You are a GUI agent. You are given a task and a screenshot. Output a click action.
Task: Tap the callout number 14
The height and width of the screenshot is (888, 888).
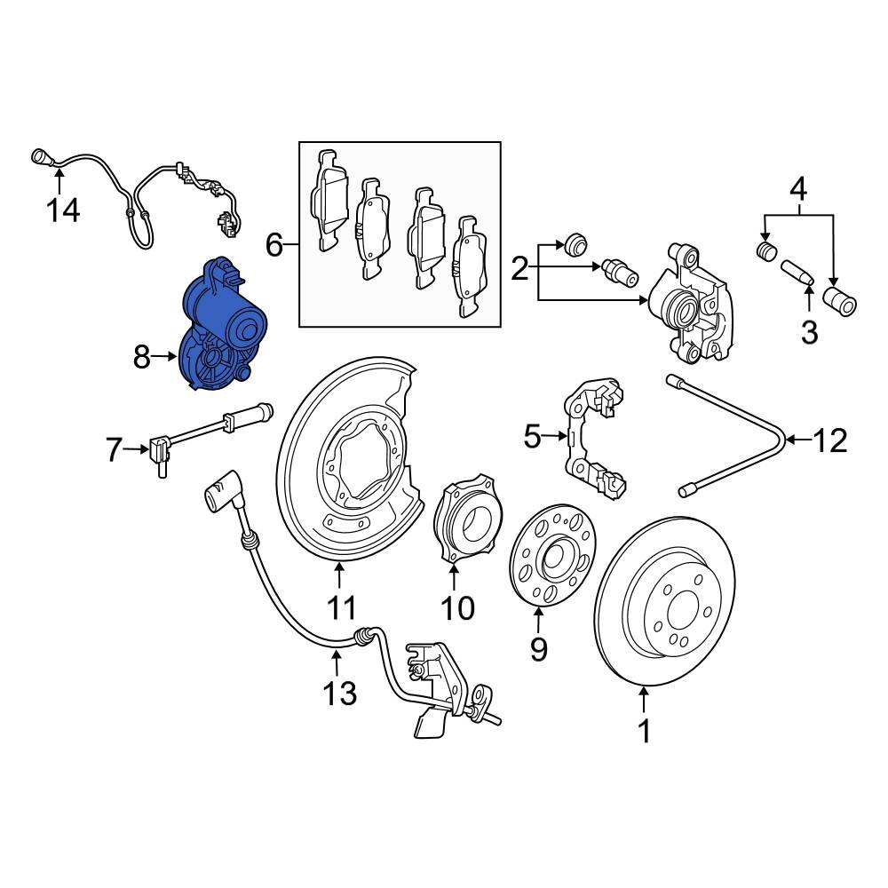point(63,210)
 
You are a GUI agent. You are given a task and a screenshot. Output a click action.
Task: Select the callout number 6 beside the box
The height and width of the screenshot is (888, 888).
point(274,242)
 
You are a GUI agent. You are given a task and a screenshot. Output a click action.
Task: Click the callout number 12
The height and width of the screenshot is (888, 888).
point(831,440)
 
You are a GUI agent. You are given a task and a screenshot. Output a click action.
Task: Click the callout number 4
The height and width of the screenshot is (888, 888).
point(798,189)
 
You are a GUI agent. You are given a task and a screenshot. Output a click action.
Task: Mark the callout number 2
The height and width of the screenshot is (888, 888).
point(520,267)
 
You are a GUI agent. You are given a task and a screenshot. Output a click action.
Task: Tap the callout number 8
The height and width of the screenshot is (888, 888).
point(143,357)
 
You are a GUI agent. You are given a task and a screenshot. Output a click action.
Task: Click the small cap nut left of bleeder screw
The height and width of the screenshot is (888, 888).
point(575,240)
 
